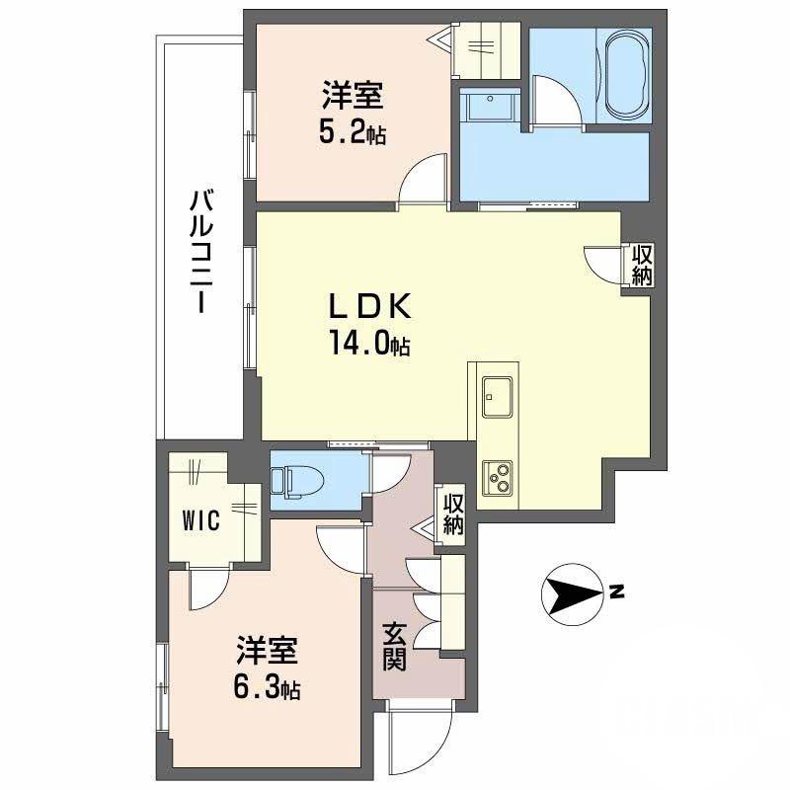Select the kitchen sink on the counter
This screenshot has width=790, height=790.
pyautogui.click(x=496, y=399)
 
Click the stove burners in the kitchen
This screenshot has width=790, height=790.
pyautogui.click(x=496, y=478)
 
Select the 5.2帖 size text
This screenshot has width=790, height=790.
pyautogui.click(x=353, y=133)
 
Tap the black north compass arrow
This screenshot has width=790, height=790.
pyautogui.click(x=571, y=594)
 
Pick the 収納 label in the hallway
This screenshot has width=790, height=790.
pyautogui.click(x=453, y=513)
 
